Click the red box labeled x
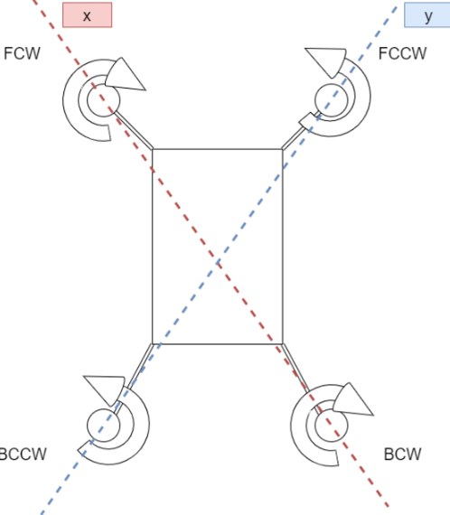[88, 14]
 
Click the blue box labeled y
[427, 14]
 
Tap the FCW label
[22, 53]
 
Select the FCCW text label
[402, 53]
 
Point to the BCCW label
[23, 454]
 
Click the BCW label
[402, 454]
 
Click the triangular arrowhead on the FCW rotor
[126, 78]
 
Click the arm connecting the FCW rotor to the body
[133, 130]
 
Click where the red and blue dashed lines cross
[218, 263]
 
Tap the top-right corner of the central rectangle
[283, 149]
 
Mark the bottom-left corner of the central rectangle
[153, 344]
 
